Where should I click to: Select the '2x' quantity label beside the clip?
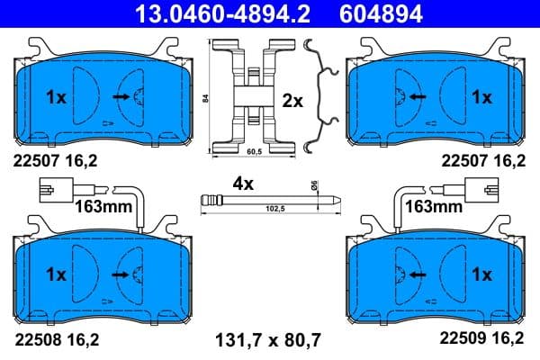pyautogui.click(x=292, y=102)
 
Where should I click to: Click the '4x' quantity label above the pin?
pyautogui.click(x=244, y=183)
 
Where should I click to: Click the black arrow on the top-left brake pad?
pyautogui.click(x=120, y=95)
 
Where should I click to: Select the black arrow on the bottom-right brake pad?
pyautogui.click(x=416, y=274)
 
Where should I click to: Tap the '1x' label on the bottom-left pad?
pyautogui.click(x=56, y=274)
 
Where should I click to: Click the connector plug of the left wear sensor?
pyautogui.click(x=56, y=190)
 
